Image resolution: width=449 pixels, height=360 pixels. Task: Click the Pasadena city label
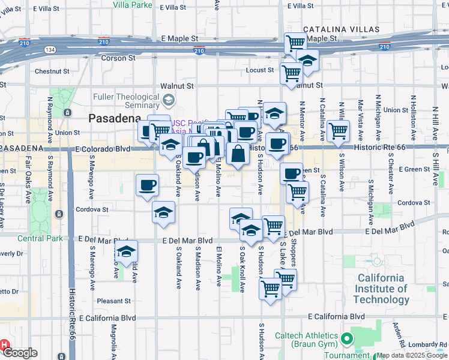(x=115, y=118)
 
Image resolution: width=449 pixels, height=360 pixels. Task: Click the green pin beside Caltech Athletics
(x=346, y=340)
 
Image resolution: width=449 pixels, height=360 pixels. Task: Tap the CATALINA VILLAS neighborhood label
(x=341, y=29)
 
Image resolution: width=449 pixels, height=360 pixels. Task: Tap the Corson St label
(x=118, y=58)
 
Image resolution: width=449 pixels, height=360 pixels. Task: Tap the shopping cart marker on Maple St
(x=295, y=43)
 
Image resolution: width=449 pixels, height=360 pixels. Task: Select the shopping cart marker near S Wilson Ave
(x=339, y=130)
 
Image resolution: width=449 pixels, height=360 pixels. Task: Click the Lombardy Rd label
(x=427, y=344)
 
